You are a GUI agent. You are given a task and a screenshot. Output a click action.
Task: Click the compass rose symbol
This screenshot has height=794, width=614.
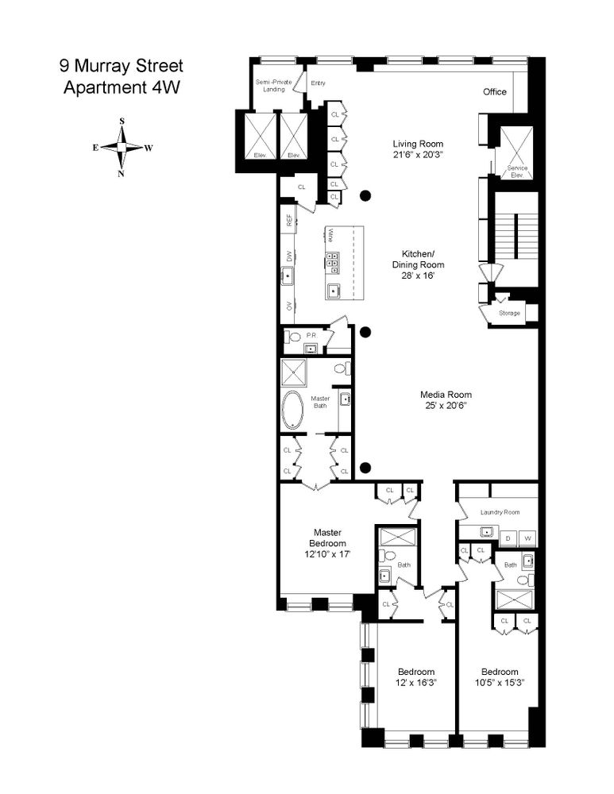click(122, 148)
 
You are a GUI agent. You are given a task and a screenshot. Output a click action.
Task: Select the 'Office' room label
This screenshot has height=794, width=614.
click(495, 92)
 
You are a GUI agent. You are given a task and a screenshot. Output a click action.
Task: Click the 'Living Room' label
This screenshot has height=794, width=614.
click(418, 144)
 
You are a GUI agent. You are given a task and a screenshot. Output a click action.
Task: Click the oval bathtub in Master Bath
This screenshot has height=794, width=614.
click(293, 410)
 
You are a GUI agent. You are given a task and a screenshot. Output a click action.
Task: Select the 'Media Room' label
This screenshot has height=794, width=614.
click(446, 395)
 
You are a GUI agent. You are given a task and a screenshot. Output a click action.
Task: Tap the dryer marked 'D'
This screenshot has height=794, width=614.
click(507, 539)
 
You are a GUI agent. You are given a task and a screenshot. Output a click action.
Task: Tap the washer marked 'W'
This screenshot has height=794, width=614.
click(527, 539)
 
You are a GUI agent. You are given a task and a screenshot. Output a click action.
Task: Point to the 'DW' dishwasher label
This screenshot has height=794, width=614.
click(289, 256)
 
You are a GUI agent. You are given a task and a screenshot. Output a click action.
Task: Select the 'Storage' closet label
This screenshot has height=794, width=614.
click(509, 313)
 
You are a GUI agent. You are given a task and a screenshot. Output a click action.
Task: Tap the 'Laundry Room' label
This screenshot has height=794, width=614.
click(500, 512)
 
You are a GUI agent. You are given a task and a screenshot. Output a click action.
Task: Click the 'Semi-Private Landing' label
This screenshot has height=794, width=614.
click(274, 85)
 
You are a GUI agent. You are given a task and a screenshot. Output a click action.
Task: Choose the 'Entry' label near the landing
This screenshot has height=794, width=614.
click(318, 83)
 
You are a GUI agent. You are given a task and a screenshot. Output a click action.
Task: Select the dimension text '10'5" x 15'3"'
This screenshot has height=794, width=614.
click(500, 682)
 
